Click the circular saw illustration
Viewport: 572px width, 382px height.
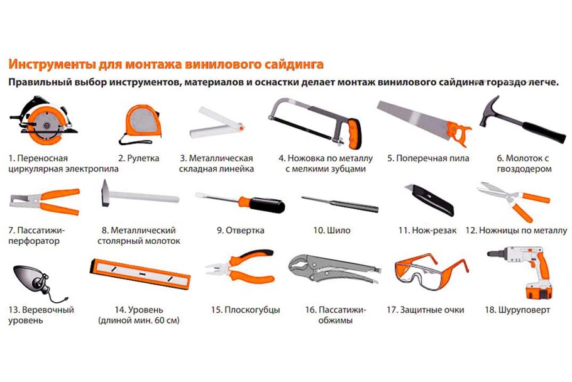coord(43,121)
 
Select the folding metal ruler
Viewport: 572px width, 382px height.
coord(217,123)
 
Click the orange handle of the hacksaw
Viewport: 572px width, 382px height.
coord(354,134)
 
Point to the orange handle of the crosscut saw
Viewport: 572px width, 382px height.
coord(459,133)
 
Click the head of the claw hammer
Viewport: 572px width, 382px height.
coord(490,111)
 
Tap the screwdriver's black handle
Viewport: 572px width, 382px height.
coord(267,205)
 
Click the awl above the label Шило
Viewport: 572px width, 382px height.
coord(340,204)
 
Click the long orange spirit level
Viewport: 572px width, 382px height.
coord(140,274)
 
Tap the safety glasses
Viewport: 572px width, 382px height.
coord(431,271)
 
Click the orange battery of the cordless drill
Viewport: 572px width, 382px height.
coord(539,292)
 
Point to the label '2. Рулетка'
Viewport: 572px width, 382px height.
coord(139,158)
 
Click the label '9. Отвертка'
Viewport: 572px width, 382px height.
coord(240,231)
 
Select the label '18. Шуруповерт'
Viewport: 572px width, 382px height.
coord(517,310)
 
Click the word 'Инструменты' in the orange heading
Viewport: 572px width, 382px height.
coord(52,64)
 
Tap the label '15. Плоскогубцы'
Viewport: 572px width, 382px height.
coord(246,310)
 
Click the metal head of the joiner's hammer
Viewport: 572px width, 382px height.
coord(106,193)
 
